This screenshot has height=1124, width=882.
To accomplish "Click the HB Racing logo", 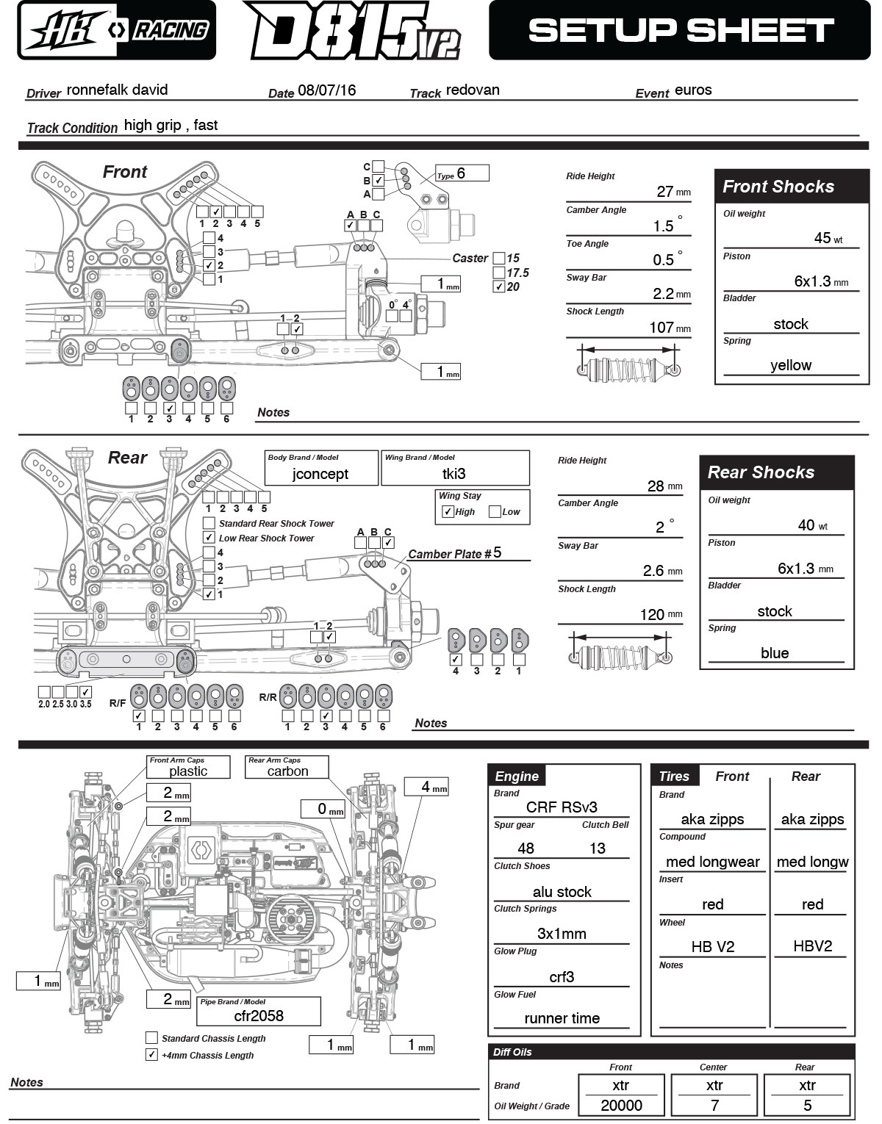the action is (116, 30).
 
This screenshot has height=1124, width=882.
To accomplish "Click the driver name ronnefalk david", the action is (118, 90).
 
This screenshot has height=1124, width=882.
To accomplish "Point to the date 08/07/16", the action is (327, 90).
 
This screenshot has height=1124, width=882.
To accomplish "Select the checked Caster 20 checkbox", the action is (498, 287).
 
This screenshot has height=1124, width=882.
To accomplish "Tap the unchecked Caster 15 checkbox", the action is (498, 258).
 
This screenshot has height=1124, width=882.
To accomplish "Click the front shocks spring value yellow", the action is (790, 365).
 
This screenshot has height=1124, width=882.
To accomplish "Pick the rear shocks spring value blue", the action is (775, 653).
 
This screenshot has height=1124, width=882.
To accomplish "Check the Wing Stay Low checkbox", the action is (495, 511).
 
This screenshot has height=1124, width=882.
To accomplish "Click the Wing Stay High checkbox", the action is (448, 511).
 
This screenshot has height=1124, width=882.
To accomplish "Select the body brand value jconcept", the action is (320, 474).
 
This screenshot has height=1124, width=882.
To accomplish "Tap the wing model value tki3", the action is (453, 474).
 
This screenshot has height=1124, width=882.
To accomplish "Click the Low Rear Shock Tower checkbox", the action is (209, 538).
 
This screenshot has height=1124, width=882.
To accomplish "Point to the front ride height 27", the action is (664, 192).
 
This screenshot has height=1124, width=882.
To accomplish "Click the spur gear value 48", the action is (526, 849).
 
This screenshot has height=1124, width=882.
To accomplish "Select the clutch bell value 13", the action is (597, 849).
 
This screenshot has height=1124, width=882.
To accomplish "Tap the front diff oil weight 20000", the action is (621, 1106).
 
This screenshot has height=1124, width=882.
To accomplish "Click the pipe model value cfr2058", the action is (259, 1016).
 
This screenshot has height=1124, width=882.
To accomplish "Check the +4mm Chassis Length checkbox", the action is (151, 1055).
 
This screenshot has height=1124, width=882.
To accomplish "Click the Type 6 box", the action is (462, 173).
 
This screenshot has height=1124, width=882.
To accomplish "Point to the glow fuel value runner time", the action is (562, 1018).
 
